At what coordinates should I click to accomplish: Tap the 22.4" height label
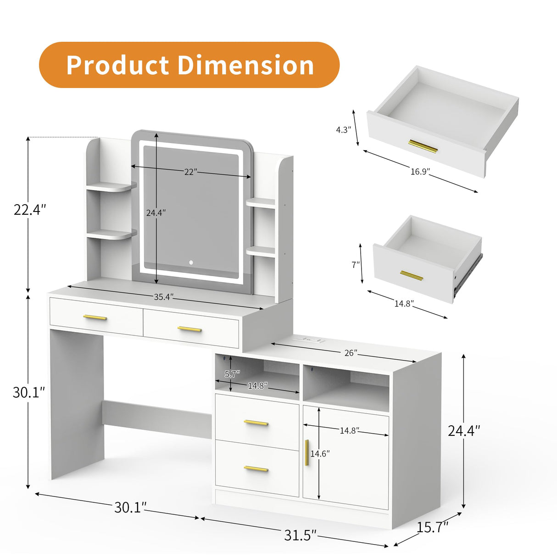30,210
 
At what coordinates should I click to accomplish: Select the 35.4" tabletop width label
163,297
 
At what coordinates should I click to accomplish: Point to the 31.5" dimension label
301,535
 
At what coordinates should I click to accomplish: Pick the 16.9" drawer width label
420,172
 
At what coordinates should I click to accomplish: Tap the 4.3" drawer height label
343,130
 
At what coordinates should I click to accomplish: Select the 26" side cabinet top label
351,353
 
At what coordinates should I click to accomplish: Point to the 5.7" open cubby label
232,374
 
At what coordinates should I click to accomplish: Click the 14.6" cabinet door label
320,454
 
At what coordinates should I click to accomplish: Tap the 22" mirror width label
190,172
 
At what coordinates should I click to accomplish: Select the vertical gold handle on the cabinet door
306,452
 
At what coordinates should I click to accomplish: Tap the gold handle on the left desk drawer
95,317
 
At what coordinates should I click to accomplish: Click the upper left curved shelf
111,186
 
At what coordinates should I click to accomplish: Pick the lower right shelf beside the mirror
261,251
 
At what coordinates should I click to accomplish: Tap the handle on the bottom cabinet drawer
256,468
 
